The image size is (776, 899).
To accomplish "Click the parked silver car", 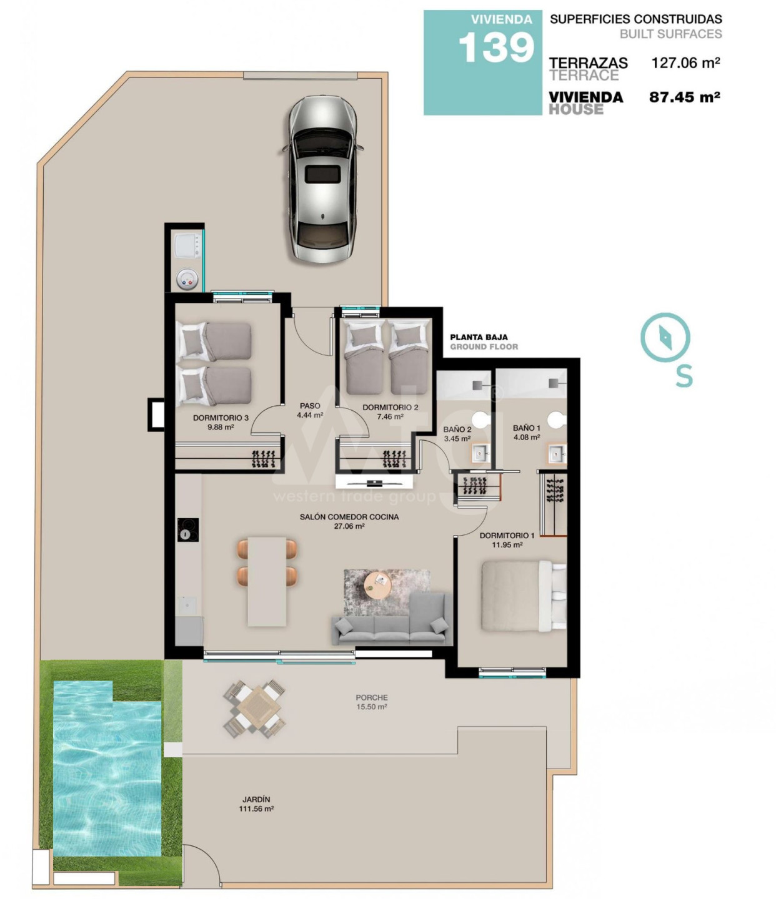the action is coord(322,179).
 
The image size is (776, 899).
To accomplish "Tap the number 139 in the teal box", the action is coord(497,47).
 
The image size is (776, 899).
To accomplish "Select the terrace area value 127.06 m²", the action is coord(685,63).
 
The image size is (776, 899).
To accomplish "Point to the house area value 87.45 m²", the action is coord(684,97).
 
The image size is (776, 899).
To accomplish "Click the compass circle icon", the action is coord(665,337).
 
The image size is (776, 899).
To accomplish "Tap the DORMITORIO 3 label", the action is coord(221,418).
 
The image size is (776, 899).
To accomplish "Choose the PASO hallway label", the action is coord(310,406).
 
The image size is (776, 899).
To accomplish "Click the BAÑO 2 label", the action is coord(457,430).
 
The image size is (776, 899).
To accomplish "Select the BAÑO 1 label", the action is coord(527,428).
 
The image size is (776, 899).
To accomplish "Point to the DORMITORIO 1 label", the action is coord(507,536).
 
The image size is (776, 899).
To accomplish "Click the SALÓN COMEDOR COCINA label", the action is coord(349,517).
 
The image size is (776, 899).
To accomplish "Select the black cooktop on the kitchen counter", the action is coord(188,530).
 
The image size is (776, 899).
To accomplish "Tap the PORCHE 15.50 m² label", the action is coord(372,702).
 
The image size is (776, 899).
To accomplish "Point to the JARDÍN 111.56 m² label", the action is coord(256,804).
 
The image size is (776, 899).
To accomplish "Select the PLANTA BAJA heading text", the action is coord(479,337).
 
